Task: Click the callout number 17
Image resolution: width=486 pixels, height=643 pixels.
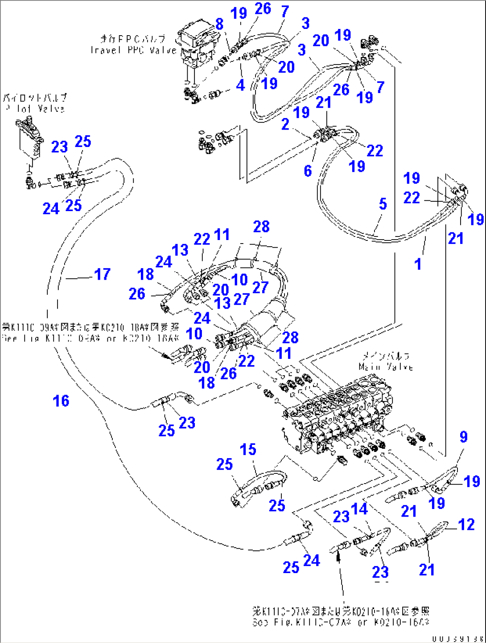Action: point(102,274)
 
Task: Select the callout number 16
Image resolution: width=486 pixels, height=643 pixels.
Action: point(61,401)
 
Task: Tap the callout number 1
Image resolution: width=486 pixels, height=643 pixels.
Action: point(418,264)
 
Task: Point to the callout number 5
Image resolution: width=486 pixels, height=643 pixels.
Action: point(383,204)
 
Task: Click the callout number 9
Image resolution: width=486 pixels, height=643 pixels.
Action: point(464,437)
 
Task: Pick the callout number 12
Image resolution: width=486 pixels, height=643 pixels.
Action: point(466,525)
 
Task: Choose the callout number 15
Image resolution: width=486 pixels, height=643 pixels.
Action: point(248,449)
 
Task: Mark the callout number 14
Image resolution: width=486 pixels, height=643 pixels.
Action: point(359,509)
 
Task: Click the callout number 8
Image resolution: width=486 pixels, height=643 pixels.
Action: point(219,24)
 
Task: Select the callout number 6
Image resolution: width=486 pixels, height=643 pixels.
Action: point(308,171)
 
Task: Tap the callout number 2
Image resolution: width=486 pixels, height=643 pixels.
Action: point(285,124)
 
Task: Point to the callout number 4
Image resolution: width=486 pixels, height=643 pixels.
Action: point(240,85)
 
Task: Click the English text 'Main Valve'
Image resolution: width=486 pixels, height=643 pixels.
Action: point(386,367)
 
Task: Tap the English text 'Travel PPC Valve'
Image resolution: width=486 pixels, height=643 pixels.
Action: point(133,50)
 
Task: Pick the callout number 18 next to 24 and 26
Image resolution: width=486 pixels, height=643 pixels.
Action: point(146,274)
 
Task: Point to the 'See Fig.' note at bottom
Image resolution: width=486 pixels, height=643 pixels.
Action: point(341,622)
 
